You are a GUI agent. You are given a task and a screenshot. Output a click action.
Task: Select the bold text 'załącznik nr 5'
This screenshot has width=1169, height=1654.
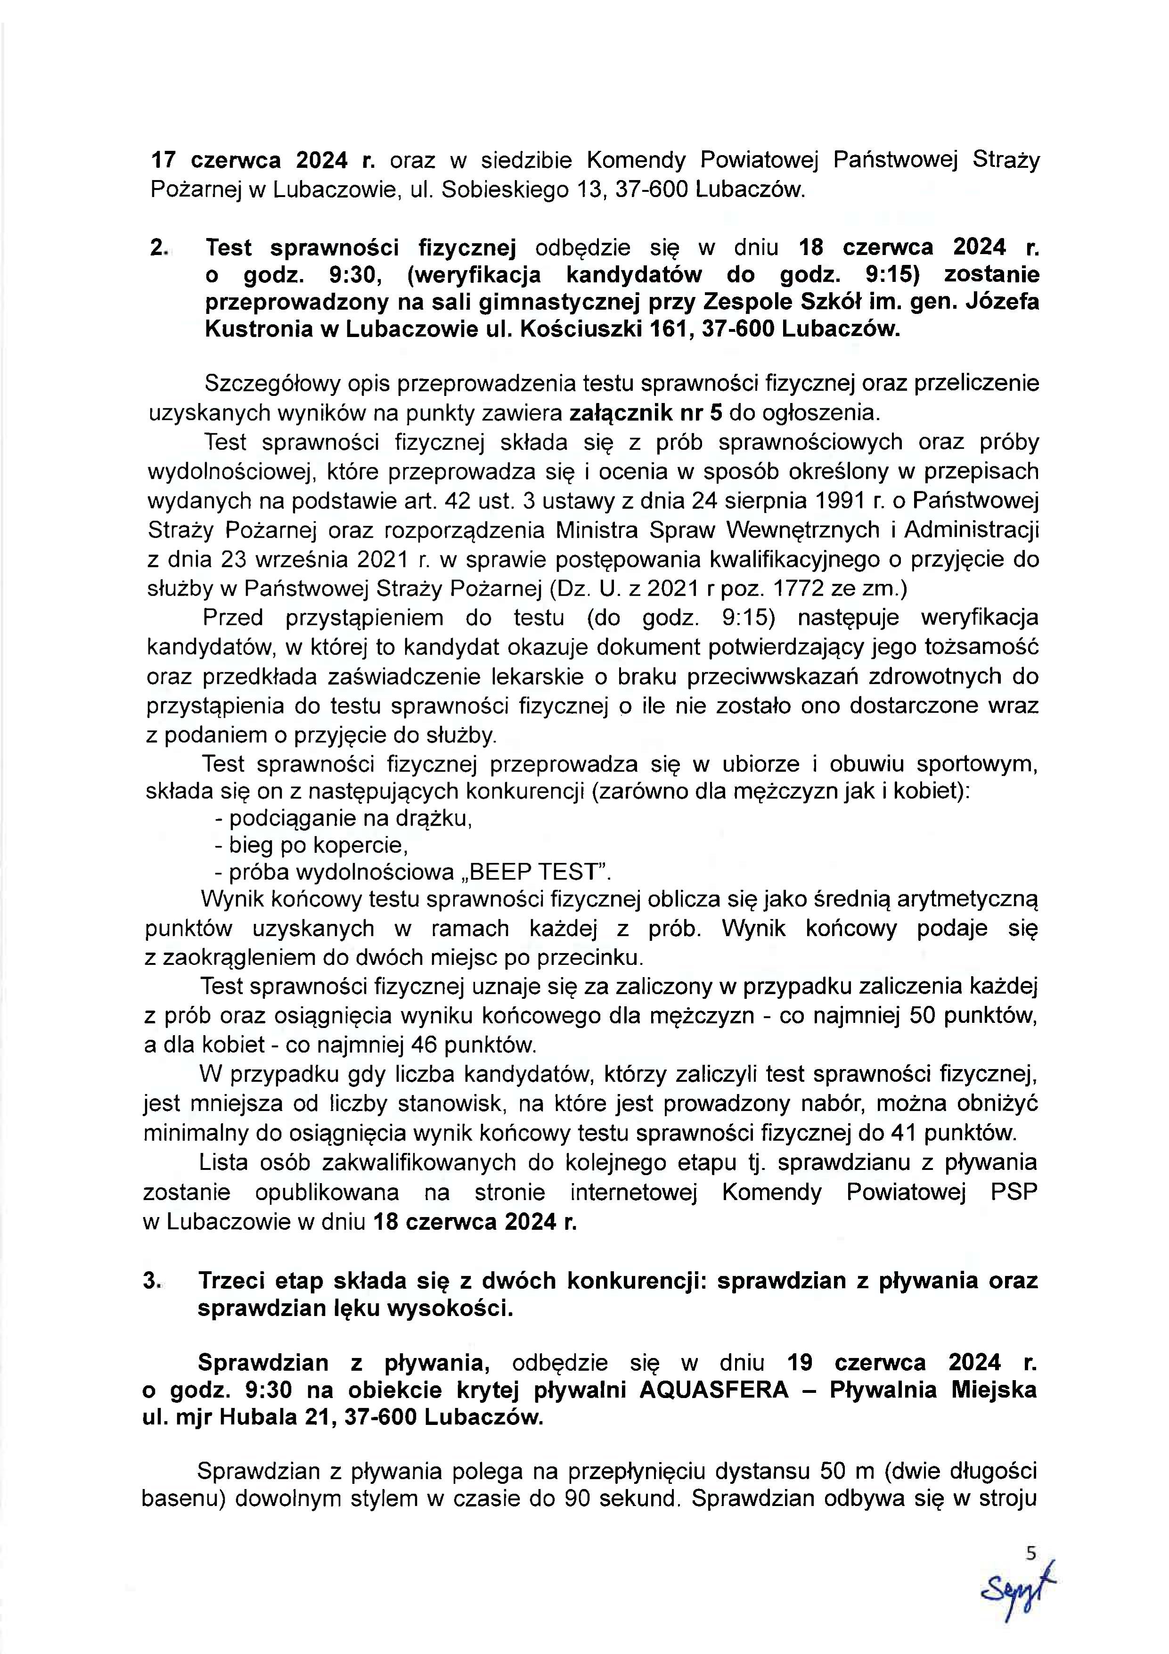pyautogui.click(x=646, y=413)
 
